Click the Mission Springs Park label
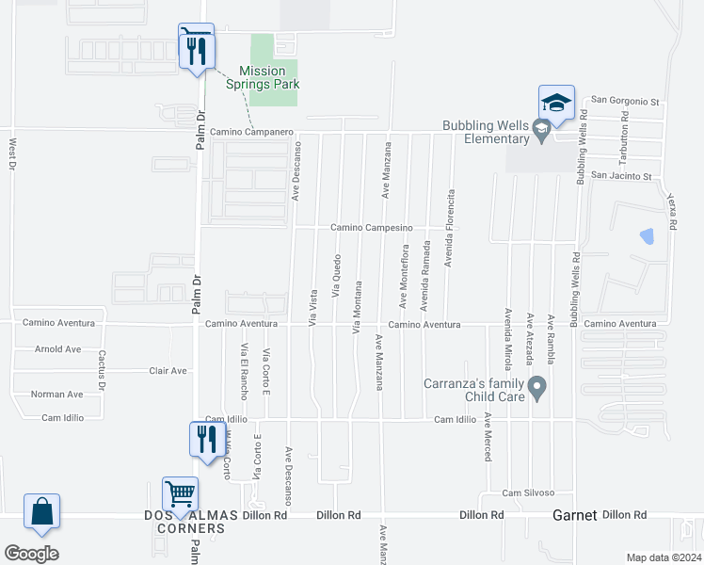(262, 76)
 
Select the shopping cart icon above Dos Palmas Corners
(180, 492)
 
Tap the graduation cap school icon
(556, 102)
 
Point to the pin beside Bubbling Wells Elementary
(541, 132)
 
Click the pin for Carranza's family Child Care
(537, 387)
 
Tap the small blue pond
(647, 236)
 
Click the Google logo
(31, 554)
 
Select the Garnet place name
(574, 515)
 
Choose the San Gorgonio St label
(627, 102)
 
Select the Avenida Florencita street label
(450, 228)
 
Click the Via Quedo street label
(336, 277)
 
